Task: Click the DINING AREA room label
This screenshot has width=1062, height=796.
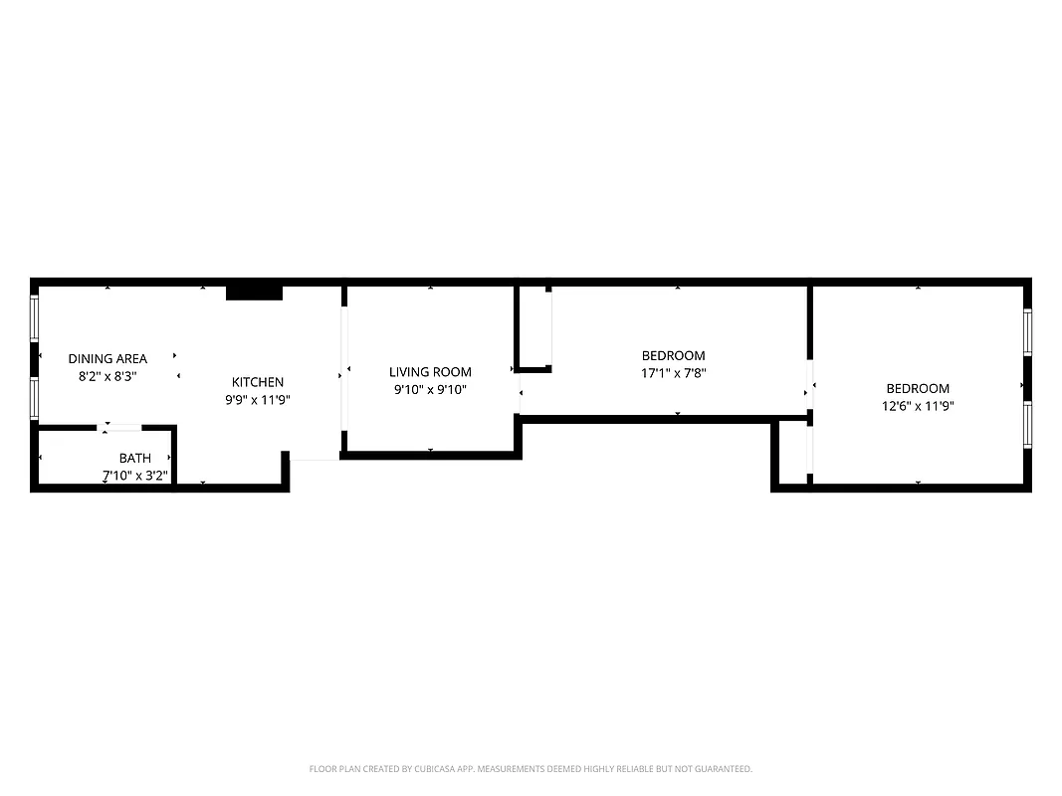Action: (x=107, y=358)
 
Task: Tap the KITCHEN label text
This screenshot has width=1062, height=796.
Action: (x=258, y=382)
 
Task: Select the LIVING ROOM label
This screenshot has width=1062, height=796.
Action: (x=430, y=372)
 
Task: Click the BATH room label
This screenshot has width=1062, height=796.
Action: (x=135, y=458)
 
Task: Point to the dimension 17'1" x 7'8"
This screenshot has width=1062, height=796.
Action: (x=674, y=373)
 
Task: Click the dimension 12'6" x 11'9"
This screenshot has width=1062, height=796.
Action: (x=918, y=406)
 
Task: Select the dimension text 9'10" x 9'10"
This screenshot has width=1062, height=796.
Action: (x=430, y=390)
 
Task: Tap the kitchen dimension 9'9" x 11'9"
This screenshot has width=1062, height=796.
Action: (x=258, y=399)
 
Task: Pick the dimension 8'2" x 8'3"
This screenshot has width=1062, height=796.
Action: (x=107, y=376)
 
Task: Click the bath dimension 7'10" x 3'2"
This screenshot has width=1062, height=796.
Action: (x=135, y=475)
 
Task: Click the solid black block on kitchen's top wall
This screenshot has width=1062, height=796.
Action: (x=255, y=293)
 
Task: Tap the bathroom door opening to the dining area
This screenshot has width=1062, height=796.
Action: (x=124, y=428)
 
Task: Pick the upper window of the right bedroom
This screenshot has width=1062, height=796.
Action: (x=1027, y=331)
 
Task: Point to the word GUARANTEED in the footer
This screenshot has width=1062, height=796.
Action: (x=724, y=769)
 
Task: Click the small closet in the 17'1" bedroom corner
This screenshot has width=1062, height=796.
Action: (x=534, y=326)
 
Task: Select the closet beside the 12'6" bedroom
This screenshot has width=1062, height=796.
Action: (x=793, y=453)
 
